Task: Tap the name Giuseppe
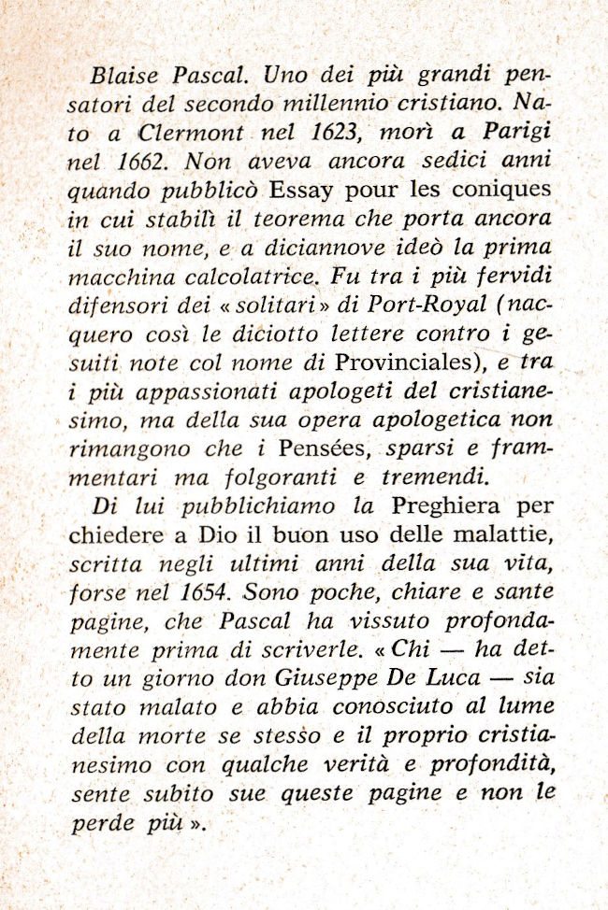pyautogui.click(x=297, y=679)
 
